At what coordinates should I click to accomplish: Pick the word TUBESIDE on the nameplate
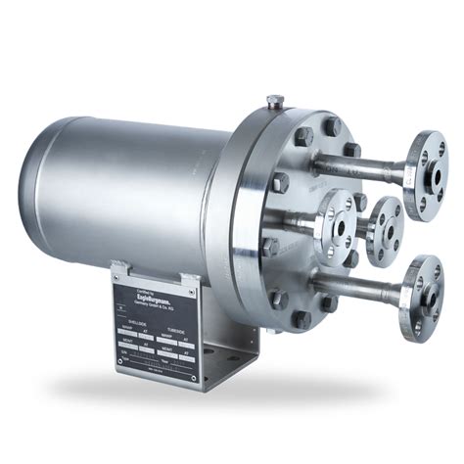pos(180,330)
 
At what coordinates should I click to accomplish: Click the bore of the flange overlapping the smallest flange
pos(342,220)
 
